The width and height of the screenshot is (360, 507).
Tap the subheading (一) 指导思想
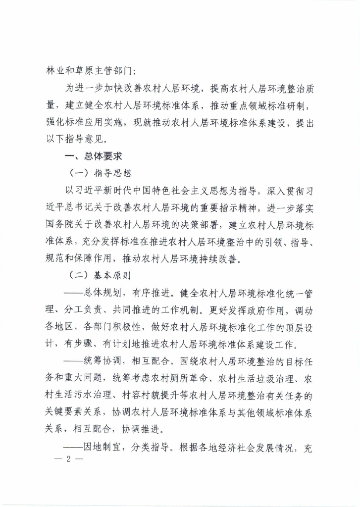99,173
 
